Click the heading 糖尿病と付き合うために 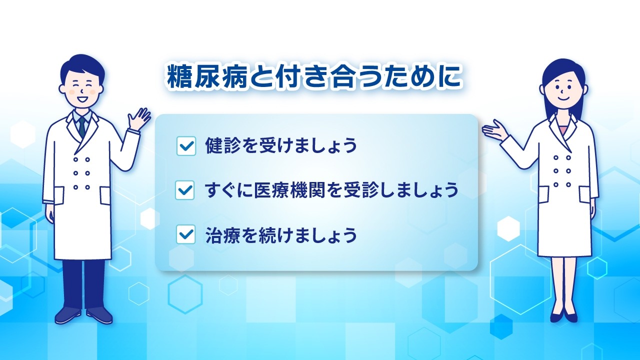[314, 76]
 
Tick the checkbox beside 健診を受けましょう [186, 146]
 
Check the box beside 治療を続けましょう [185, 234]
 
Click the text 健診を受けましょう [281, 146]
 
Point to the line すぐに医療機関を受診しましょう [331, 190]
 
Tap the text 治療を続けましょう [281, 234]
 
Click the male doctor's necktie [82, 127]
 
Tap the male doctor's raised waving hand [139, 119]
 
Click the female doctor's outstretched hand [493, 129]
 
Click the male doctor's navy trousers [83, 282]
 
